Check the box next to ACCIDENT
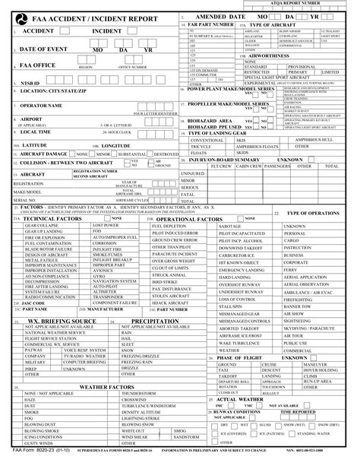[64, 31]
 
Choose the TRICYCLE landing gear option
[201, 146]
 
